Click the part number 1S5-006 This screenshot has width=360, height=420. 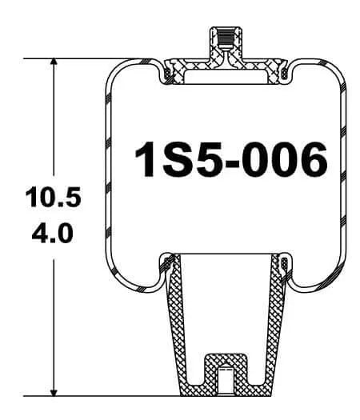click(230, 159)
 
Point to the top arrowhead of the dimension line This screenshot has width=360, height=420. click(54, 65)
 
